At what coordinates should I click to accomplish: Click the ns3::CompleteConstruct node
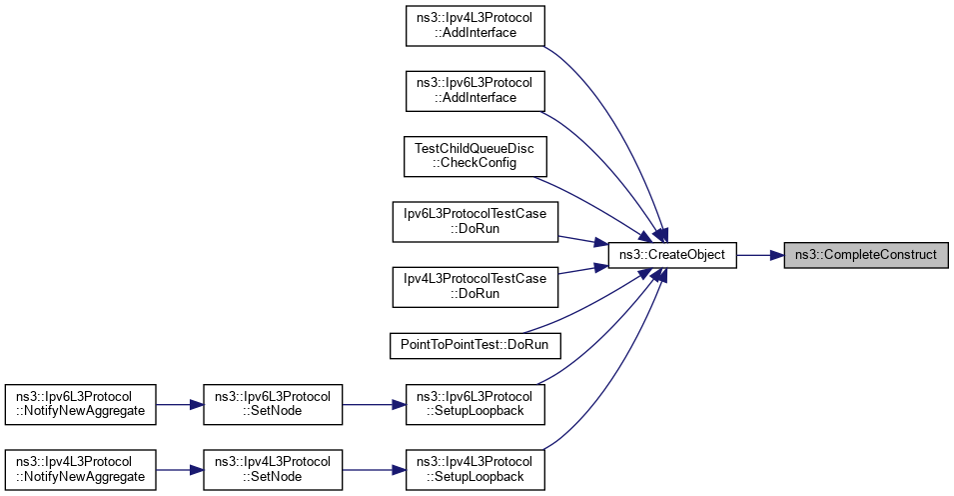click(864, 255)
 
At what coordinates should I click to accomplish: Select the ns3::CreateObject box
click(672, 255)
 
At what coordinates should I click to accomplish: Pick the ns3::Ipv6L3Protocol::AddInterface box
click(475, 91)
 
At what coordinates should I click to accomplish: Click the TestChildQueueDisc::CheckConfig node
click(475, 155)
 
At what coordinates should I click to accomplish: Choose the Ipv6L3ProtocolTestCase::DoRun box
click(475, 221)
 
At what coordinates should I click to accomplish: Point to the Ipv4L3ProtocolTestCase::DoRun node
click(475, 285)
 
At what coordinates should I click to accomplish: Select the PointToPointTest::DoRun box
click(475, 344)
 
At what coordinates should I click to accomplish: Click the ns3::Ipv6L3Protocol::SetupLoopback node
click(475, 405)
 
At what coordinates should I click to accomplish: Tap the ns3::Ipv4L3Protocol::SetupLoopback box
click(475, 469)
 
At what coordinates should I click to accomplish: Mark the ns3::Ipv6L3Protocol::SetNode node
click(273, 405)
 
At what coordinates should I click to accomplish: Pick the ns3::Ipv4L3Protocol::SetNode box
click(273, 469)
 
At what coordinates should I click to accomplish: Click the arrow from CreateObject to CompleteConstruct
click(760, 255)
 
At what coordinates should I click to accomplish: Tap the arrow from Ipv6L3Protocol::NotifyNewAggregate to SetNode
click(180, 405)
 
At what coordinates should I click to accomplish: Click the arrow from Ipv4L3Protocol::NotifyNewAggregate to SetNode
click(180, 469)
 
